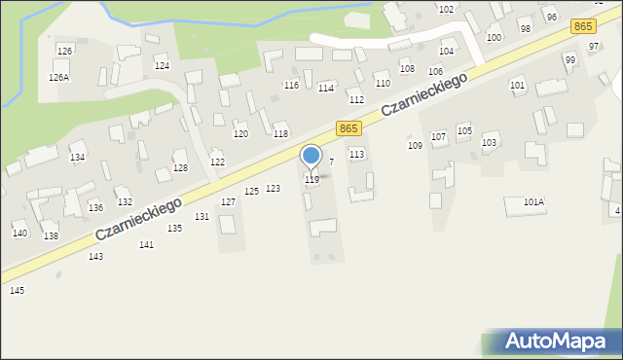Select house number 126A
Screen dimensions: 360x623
coord(58,77)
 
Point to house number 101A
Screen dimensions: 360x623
coord(533,201)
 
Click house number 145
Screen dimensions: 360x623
coord(17,290)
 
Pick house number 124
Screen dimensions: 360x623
coord(162,65)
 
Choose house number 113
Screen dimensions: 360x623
coord(356,154)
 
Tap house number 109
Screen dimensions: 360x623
coord(415,145)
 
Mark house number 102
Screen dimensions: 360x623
coord(446,9)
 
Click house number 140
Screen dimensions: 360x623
coord(19,234)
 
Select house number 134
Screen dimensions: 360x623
coord(77,157)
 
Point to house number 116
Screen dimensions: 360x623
coord(291,86)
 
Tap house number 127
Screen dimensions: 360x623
coord(228,201)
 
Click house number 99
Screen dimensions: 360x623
coord(570,59)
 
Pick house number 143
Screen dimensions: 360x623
coord(95,256)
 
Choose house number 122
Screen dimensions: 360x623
coord(217,162)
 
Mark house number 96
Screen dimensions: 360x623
coord(551,18)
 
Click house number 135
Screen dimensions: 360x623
coord(174,228)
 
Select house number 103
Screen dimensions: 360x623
coord(489,142)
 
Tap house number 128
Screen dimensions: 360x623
coord(180,168)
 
